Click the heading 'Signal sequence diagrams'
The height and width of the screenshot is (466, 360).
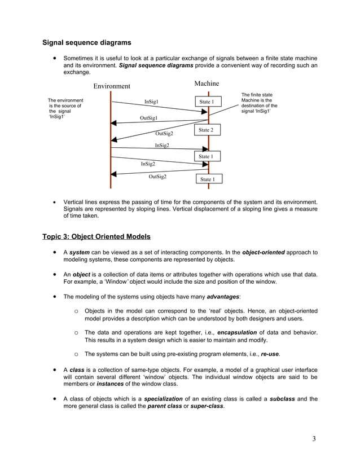[87, 43]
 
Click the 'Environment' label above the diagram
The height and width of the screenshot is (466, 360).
[111, 86]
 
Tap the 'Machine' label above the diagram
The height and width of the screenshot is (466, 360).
[207, 83]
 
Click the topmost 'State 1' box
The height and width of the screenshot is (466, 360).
[207, 102]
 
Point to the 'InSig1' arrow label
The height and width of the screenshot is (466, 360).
[151, 102]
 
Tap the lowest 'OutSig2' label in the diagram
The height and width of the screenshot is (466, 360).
[157, 177]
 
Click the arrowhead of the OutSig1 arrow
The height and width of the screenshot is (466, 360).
[114, 123]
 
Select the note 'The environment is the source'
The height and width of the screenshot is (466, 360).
[65, 109]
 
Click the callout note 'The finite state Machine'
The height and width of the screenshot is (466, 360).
[259, 103]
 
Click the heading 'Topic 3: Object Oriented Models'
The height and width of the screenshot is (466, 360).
[96, 236]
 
